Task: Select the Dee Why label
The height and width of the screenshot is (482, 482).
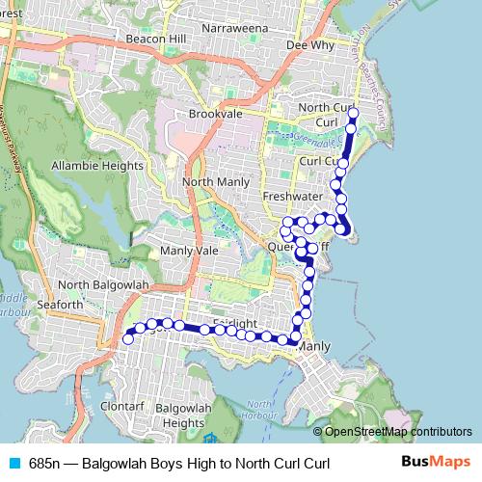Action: pyautogui.click(x=310, y=44)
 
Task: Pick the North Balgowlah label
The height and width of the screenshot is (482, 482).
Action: pyautogui.click(x=103, y=285)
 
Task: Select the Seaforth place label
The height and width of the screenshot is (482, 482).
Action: pyautogui.click(x=60, y=305)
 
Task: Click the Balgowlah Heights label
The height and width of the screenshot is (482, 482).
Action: pyautogui.click(x=170, y=415)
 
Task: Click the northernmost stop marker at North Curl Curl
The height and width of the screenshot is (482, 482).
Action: pyautogui.click(x=353, y=113)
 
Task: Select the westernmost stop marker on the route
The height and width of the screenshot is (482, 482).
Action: pyautogui.click(x=128, y=338)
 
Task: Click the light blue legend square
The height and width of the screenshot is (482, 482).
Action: pyautogui.click(x=14, y=463)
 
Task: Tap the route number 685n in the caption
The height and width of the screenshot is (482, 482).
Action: pyautogui.click(x=45, y=463)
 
